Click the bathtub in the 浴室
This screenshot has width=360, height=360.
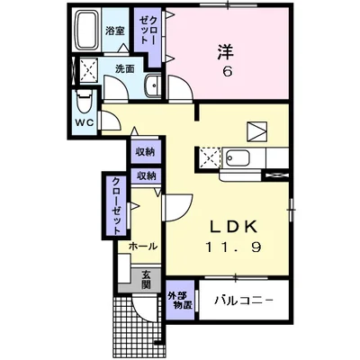tap(87, 34)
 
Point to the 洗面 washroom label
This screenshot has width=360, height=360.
tap(124, 68)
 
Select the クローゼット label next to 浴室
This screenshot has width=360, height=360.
tap(147, 34)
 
